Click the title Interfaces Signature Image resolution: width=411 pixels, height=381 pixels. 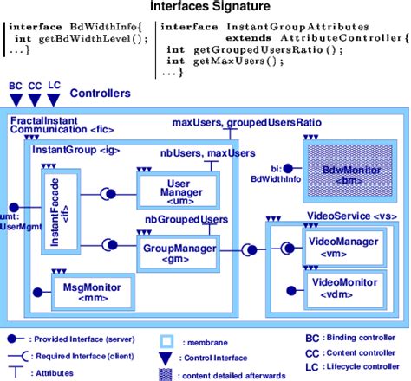pos(205,8)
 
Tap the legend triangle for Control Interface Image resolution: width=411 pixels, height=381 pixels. pos(169,356)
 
